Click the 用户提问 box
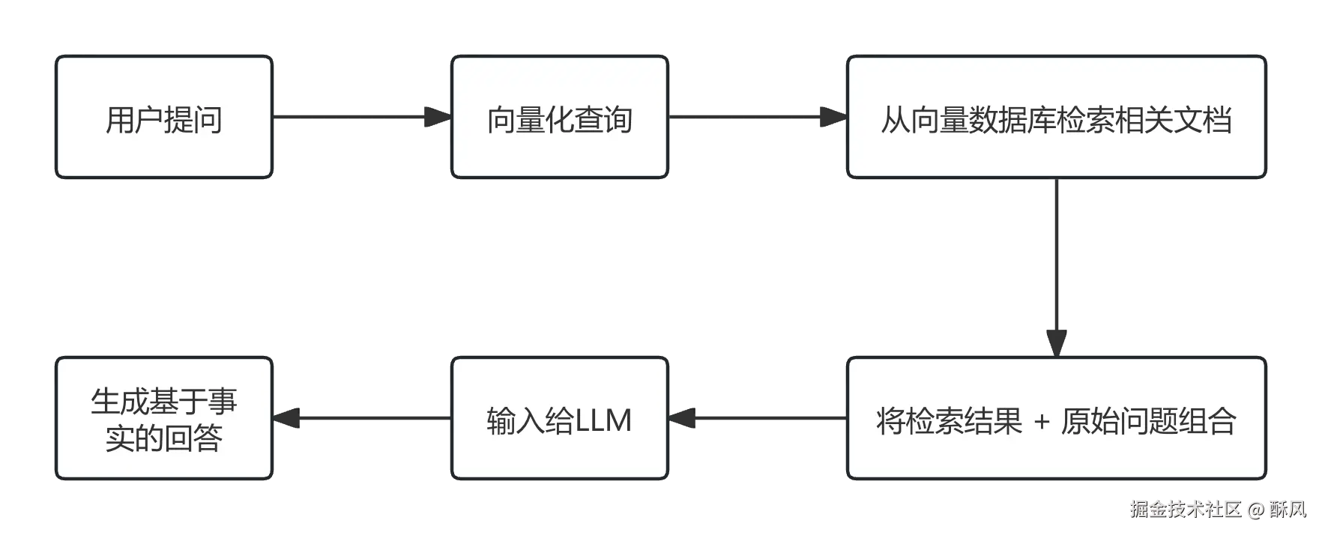pos(163,118)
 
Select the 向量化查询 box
pos(559,118)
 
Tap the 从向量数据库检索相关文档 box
pos(1055,118)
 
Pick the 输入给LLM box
pos(559,419)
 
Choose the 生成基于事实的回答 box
pos(163,419)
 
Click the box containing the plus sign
pos(1055,419)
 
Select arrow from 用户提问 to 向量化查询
pos(360,117)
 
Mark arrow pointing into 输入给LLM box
pos(757,419)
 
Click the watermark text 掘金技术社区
pos(1185,510)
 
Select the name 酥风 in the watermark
pos(1288,510)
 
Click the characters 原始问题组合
pos(1148,421)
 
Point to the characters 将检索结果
pos(949,421)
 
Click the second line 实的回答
pos(163,438)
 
